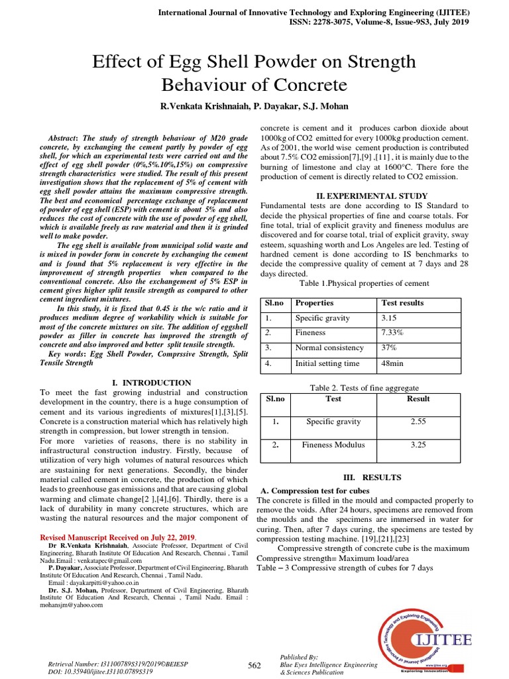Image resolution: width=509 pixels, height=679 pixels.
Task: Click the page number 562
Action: pyautogui.click(x=254, y=665)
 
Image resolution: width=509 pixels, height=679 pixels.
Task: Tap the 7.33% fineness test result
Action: pyautogui.click(x=393, y=333)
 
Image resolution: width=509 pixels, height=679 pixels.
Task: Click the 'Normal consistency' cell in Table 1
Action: pyautogui.click(x=329, y=348)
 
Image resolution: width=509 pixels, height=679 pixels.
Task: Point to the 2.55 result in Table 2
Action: pyautogui.click(x=418, y=421)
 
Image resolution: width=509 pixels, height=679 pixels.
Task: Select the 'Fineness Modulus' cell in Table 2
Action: pyautogui.click(x=333, y=445)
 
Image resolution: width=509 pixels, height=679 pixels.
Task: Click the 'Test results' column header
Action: pyautogui.click(x=403, y=303)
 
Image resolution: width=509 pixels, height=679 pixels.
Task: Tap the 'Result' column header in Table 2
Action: pyautogui.click(x=418, y=399)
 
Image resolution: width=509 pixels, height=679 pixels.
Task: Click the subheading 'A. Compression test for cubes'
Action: pyautogui.click(x=315, y=491)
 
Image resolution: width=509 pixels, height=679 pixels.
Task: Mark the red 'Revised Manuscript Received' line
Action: pyautogui.click(x=118, y=536)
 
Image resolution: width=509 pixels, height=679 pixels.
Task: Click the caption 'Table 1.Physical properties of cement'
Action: pyautogui.click(x=365, y=283)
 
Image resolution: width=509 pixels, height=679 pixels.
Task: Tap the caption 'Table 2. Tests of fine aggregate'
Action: pyautogui.click(x=365, y=388)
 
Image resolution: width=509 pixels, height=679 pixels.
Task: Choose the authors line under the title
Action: pyautogui.click(x=254, y=107)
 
